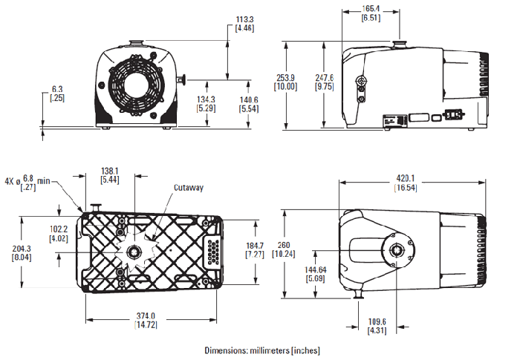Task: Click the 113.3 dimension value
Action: (x=244, y=19)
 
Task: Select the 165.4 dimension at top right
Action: (x=371, y=8)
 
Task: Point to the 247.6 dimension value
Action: (x=324, y=77)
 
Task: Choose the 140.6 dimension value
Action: (x=248, y=99)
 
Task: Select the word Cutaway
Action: (x=189, y=188)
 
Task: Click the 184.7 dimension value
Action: (x=255, y=246)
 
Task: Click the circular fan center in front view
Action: (x=134, y=85)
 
